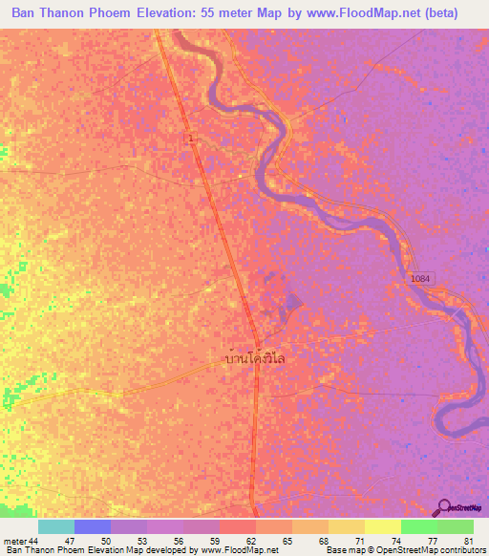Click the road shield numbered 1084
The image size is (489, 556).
420,278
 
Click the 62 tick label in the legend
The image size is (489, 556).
251,541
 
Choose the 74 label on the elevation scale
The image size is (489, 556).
397,541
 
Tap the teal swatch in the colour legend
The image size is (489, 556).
56,526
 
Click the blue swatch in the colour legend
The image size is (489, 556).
93,526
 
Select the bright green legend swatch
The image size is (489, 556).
419,526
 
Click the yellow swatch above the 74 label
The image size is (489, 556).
383,526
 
